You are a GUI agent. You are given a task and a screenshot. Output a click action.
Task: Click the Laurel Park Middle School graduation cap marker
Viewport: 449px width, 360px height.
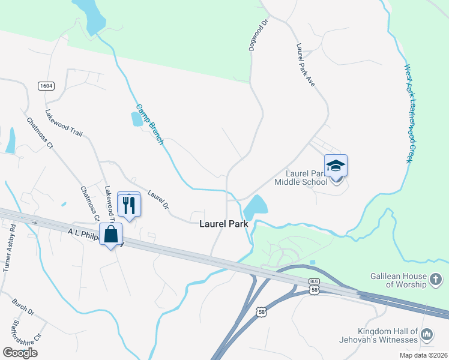click(x=336, y=166)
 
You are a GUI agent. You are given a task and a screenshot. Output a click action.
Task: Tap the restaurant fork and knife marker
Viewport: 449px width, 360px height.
click(x=129, y=205)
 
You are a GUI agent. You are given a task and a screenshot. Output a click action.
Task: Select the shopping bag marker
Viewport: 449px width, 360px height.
click(x=111, y=234)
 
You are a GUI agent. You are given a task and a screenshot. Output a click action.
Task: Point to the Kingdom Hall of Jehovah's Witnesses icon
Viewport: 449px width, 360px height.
click(x=427, y=334)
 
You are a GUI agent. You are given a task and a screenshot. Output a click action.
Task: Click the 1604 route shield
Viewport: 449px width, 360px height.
click(x=46, y=86)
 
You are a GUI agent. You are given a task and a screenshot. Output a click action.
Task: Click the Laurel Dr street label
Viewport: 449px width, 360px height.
click(x=158, y=200)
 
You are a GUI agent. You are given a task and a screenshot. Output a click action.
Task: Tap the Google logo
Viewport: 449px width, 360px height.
click(x=20, y=352)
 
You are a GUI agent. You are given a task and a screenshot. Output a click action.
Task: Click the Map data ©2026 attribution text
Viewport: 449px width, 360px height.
click(x=423, y=355)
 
